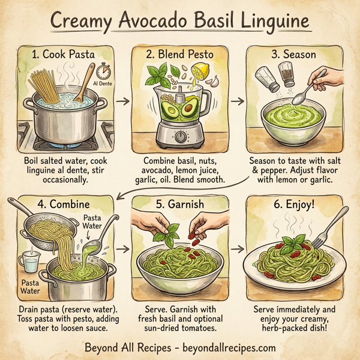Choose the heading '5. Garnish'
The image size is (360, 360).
click(x=181, y=203)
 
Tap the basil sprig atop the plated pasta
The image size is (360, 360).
click(x=293, y=243)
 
